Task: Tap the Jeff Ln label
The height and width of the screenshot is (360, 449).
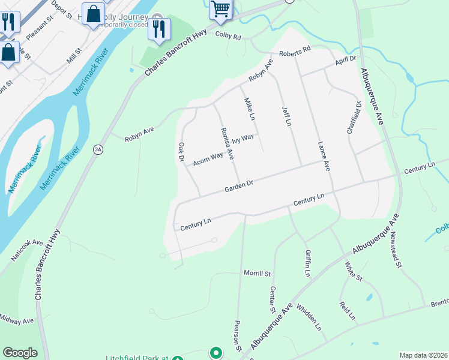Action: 286,116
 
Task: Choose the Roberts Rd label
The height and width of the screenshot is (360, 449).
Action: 298,50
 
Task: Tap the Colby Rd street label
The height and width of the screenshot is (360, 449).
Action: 228,37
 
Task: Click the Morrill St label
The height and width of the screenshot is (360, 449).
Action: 257,274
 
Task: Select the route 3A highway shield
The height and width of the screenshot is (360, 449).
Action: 97,149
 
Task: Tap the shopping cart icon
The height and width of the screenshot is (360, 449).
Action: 220,10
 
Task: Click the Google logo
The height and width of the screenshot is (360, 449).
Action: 20,353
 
